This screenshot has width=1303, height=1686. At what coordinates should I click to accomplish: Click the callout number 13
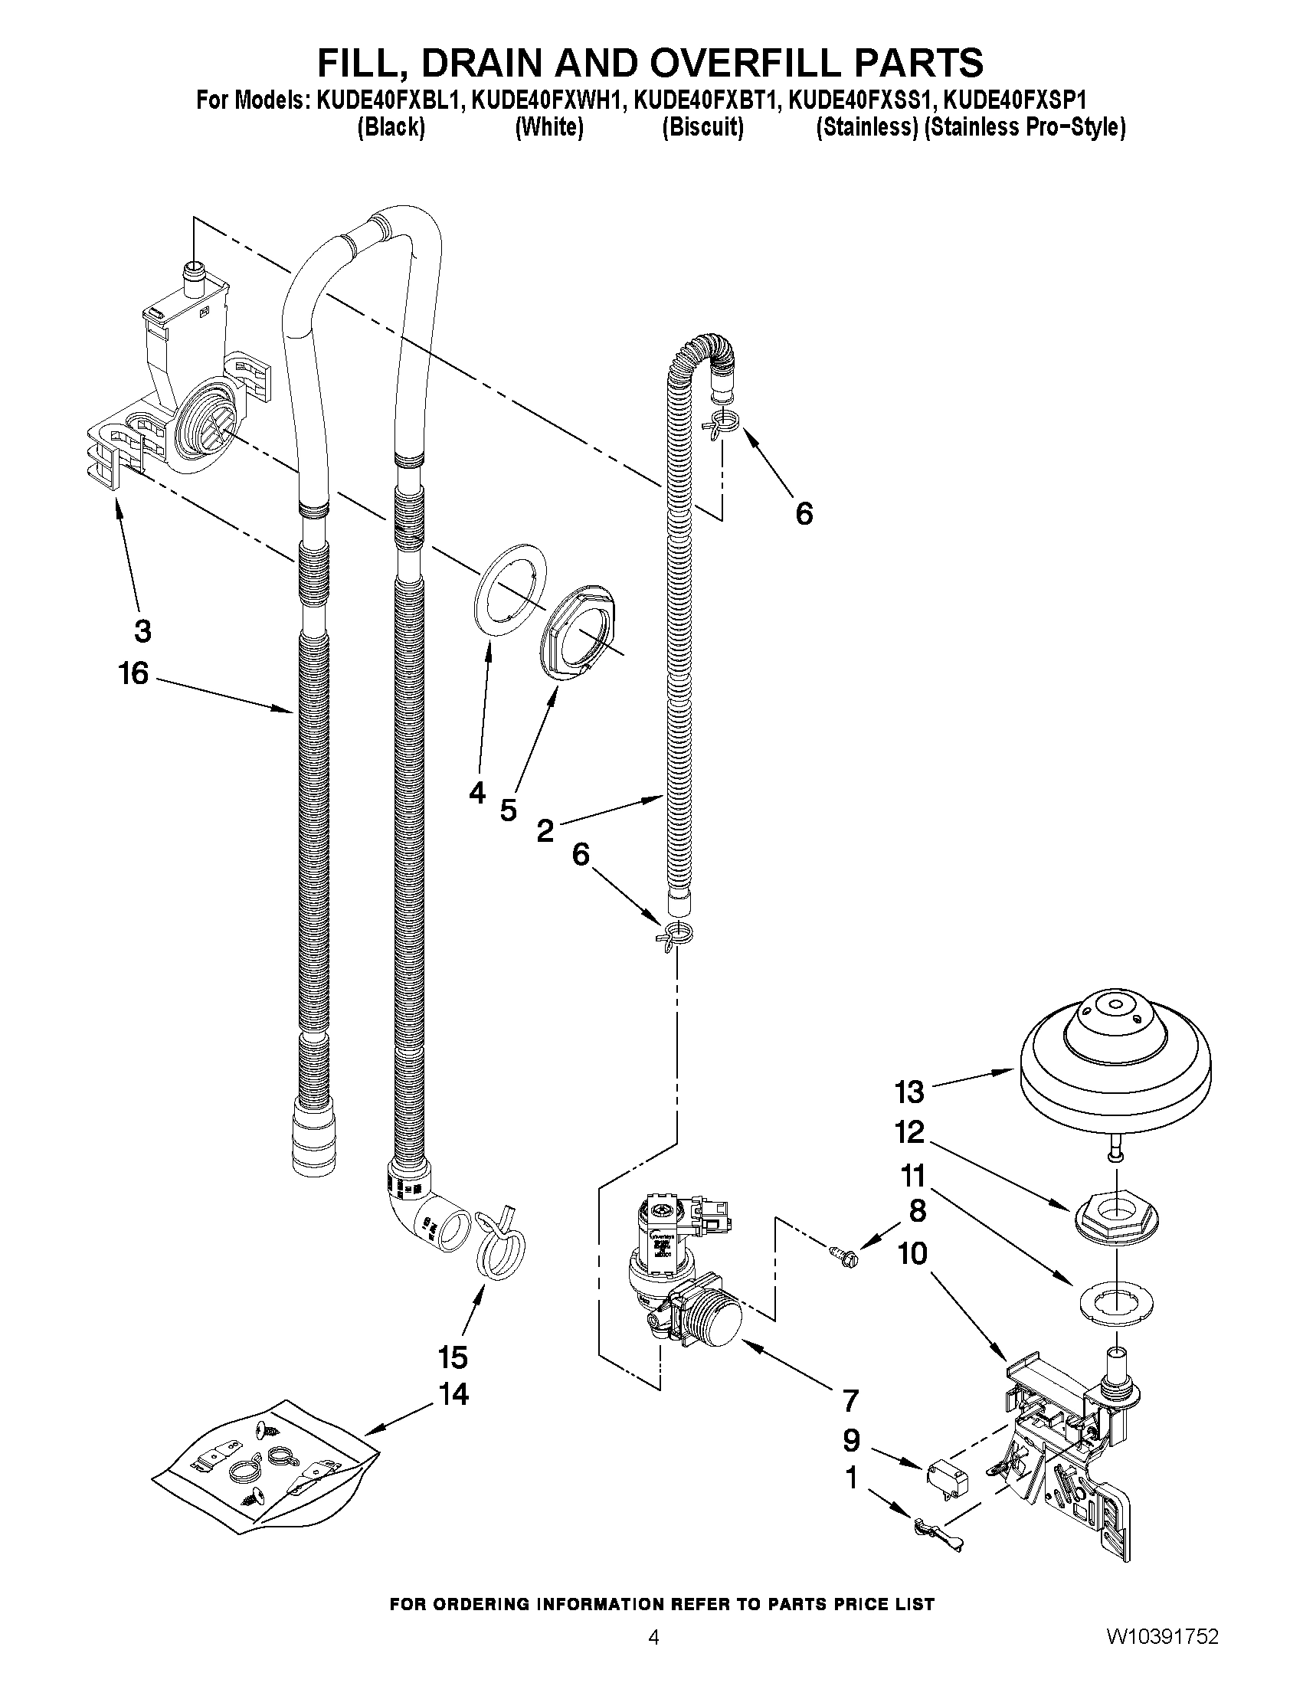click(909, 1092)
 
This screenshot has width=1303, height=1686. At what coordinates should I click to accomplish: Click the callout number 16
click(133, 674)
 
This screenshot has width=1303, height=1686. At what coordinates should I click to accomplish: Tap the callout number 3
click(142, 631)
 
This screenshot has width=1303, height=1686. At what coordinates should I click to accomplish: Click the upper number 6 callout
click(804, 513)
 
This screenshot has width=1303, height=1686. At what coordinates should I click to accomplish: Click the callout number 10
click(912, 1254)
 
